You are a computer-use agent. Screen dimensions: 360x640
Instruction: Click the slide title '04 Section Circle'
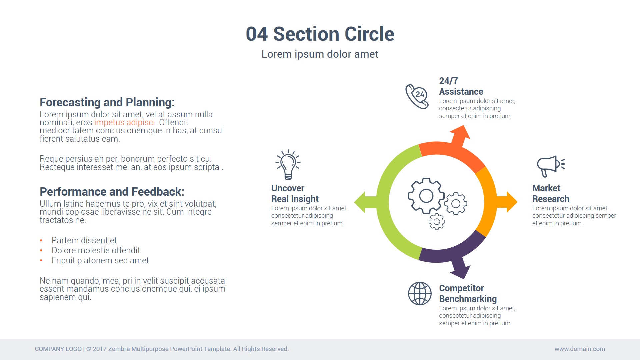320,34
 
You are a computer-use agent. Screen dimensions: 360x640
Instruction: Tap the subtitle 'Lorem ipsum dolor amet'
320,54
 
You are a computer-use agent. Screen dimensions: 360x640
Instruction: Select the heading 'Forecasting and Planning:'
107,102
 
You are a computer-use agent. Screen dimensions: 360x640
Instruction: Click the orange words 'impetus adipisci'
124,123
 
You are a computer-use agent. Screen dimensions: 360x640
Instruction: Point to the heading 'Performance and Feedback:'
112,192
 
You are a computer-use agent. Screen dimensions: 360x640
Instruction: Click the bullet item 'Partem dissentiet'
84,240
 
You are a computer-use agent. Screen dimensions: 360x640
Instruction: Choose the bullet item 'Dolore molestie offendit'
96,250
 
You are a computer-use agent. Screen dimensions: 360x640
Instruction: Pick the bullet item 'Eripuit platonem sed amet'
100,260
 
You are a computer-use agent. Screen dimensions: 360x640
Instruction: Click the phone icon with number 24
417,96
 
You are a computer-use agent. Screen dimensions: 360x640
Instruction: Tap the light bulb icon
288,165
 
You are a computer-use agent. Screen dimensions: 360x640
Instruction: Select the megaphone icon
550,166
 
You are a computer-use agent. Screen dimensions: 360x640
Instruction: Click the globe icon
420,293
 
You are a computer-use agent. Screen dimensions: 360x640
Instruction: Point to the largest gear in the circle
426,196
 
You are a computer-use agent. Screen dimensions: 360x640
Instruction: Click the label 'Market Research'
550,194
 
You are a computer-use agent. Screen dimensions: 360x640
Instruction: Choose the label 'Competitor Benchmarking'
467,294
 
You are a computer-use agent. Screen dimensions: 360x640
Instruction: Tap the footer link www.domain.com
579,349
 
